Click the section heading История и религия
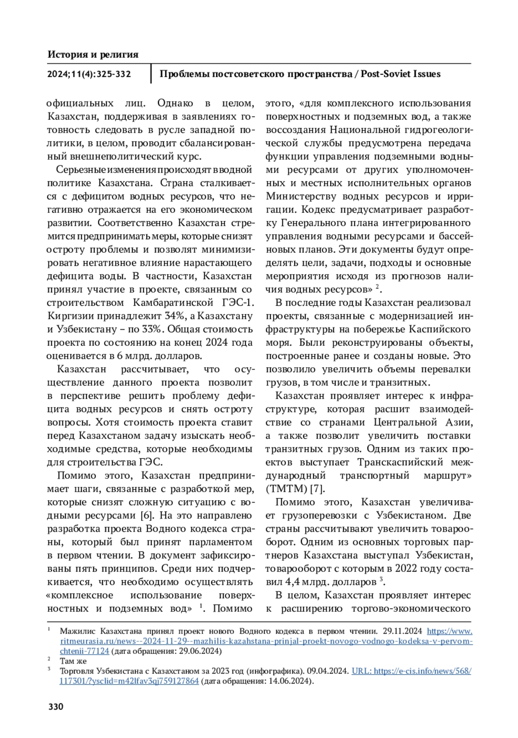(93, 54)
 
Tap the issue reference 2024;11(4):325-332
(89, 74)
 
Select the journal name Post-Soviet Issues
(401, 74)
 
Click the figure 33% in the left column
(150, 329)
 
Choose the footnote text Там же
(73, 661)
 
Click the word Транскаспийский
(400, 462)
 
